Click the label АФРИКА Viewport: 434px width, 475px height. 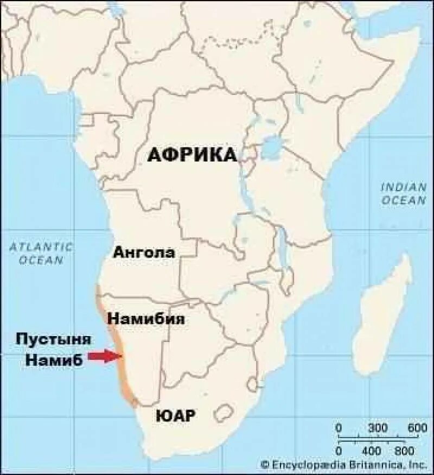(192, 155)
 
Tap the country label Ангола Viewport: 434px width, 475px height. (143, 252)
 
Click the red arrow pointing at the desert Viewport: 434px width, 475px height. (105, 356)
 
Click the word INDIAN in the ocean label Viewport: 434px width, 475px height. (404, 187)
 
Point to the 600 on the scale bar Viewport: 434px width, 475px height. (417, 428)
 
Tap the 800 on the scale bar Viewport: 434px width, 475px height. (405, 450)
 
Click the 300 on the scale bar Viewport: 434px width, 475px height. (378, 428)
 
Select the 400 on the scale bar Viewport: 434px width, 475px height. (372, 450)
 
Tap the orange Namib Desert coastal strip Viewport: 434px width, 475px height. (117, 353)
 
